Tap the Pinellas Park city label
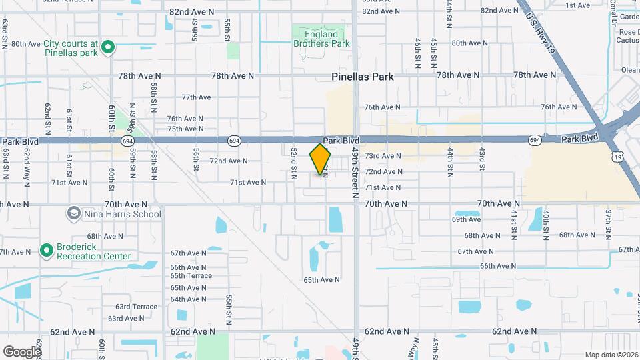tap(362, 77)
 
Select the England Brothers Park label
tap(322, 39)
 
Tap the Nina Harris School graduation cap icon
tap(73, 214)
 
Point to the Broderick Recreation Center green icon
tap(46, 250)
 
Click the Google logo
tap(22, 351)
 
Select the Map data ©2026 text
tap(611, 355)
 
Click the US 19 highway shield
tap(618, 157)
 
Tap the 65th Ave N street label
tap(322, 280)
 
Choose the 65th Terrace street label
tap(191, 275)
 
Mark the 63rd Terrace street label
tap(136, 307)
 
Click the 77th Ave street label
tap(196, 97)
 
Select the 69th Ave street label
tap(466, 219)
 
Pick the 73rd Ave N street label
tap(383, 156)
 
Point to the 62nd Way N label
tap(27, 163)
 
